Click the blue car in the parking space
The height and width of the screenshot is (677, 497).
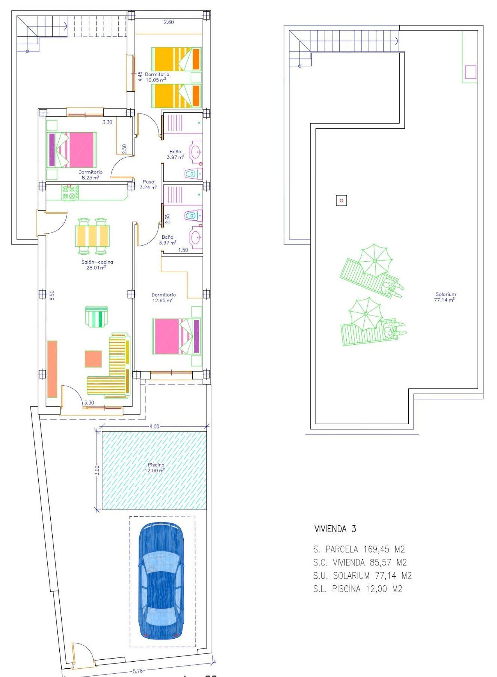pos(162,581)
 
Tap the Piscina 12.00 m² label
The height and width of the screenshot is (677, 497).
pos(156,467)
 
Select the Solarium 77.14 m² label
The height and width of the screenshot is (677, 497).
pos(445,297)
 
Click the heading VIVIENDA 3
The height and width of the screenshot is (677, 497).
pos(335,529)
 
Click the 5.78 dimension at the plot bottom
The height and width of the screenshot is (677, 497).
pos(138,671)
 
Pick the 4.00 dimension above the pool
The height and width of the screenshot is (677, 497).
pos(154,427)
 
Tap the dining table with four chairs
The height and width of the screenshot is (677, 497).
pos(92,236)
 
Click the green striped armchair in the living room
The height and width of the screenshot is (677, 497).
pos(97,317)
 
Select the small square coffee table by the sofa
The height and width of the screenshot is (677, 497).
pos(93,359)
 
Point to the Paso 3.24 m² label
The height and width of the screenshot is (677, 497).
pos(148,184)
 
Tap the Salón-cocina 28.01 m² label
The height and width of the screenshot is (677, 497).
pos(97,265)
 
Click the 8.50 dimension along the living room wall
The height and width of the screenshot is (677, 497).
pos(52,296)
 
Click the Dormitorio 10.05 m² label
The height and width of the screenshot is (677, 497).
pos(157,77)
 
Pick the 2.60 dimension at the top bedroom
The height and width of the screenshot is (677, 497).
pos(169,22)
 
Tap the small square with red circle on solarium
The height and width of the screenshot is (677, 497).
pos(341,201)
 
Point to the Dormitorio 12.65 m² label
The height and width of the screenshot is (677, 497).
pos(163,297)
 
